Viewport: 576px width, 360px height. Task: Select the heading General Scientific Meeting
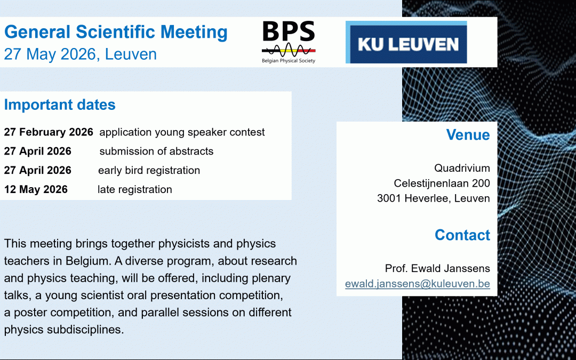point(116,32)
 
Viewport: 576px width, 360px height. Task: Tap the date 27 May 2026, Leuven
point(81,54)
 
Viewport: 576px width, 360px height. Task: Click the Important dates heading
point(60,105)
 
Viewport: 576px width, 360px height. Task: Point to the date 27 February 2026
point(49,132)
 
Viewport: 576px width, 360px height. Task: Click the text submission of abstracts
point(156,151)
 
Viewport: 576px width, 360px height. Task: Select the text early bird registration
point(149,171)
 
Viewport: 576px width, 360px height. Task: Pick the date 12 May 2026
point(36,189)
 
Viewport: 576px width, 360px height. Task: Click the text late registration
point(134,189)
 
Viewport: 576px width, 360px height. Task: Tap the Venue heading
point(468,135)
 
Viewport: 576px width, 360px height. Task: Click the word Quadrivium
point(462,169)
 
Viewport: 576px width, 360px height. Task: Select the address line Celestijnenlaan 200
point(442,183)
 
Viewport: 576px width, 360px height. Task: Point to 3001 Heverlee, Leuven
point(433,198)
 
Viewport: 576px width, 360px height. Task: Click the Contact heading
point(462,235)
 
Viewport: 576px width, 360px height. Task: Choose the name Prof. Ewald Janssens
point(437,268)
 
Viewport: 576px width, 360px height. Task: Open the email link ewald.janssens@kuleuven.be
point(417,284)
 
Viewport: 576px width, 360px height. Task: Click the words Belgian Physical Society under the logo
point(288,61)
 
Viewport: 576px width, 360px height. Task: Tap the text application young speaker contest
point(182,132)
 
